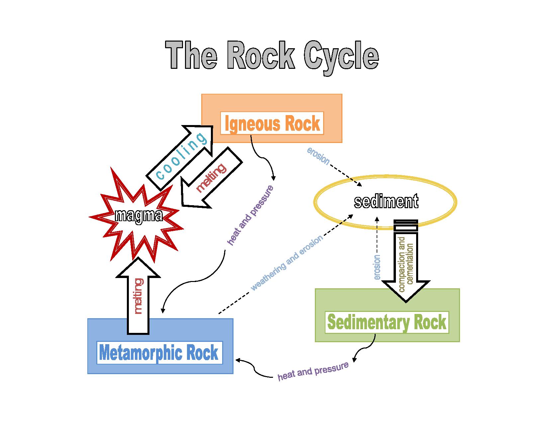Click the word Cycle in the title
coord(341,56)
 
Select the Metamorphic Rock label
coord(159,353)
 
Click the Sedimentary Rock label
coord(387,322)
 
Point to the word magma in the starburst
coord(138,216)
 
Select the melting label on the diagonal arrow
coord(211,178)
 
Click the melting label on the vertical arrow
coord(138,296)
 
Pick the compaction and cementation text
coord(405,264)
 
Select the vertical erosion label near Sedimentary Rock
coord(377,267)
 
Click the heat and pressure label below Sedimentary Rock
coord(313,371)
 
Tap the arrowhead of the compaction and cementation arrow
coord(406,299)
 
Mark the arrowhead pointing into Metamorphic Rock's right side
coord(238,360)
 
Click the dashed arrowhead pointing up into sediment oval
coord(377,219)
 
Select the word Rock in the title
coord(261,56)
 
